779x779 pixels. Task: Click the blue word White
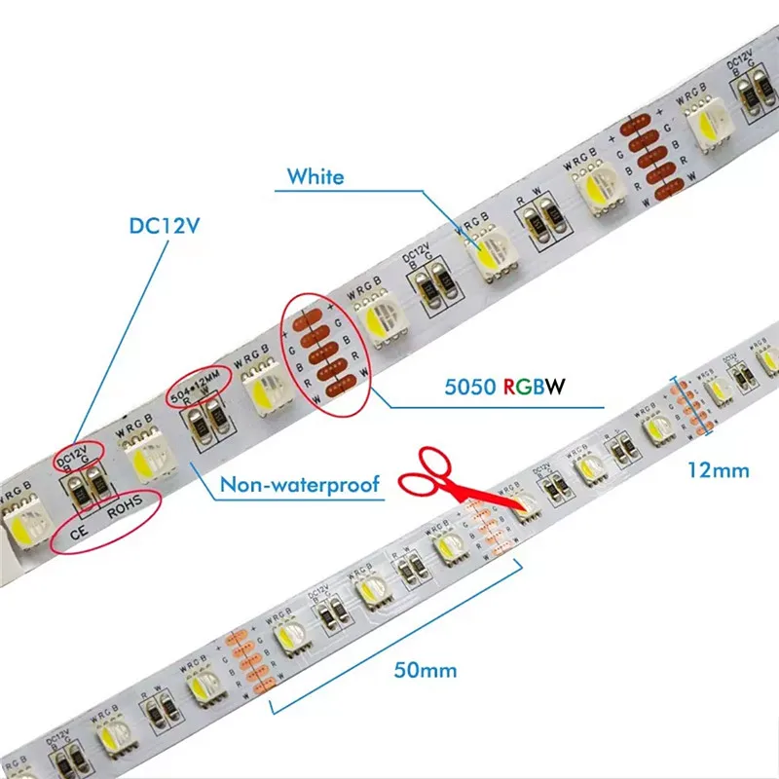click(x=315, y=177)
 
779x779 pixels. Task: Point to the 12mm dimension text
click(x=718, y=470)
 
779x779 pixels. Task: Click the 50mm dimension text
click(x=426, y=670)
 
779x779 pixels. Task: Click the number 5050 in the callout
click(x=465, y=386)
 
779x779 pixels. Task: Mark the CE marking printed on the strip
click(x=81, y=535)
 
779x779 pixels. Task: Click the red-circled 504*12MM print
click(x=204, y=384)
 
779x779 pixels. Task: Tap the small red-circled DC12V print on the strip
click(x=77, y=454)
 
